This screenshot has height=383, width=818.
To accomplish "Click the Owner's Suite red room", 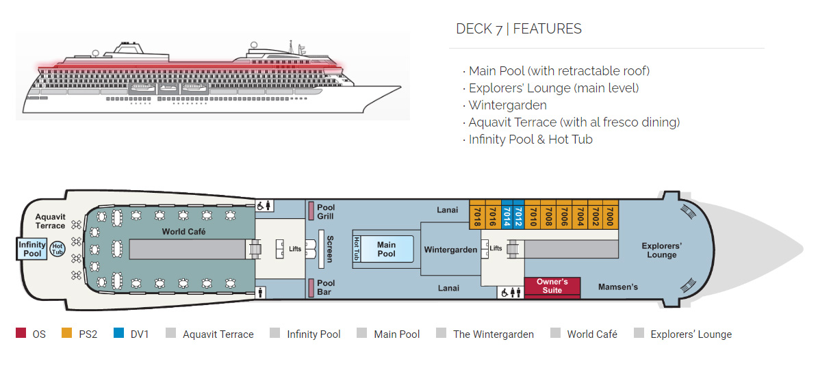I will point(552,287).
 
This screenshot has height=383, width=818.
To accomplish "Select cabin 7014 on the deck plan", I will point(507,214).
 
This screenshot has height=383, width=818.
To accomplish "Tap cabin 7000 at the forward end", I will point(611,214).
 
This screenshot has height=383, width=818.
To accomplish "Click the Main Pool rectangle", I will point(387,249).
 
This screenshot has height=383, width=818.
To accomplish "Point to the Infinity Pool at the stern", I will point(32,249).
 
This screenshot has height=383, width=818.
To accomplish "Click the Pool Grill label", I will point(326,212).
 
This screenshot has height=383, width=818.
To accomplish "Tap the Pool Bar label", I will point(326,287).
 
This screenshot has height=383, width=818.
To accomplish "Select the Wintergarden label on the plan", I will point(450,250).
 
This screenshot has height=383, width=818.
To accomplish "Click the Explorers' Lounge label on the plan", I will point(661,250).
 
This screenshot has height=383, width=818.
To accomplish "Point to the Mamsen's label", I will point(617,287).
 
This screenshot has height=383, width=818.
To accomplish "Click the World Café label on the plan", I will point(183,232).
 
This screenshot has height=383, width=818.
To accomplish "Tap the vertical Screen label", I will point(329,249).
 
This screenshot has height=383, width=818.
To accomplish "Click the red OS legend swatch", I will point(21,334).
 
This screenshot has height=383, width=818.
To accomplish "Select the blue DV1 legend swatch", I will point(119,334).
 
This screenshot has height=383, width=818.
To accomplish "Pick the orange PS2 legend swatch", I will point(66,334).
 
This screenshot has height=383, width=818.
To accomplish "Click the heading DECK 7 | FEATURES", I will point(519,29).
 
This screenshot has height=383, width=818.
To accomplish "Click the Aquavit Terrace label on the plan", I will point(51,221).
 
